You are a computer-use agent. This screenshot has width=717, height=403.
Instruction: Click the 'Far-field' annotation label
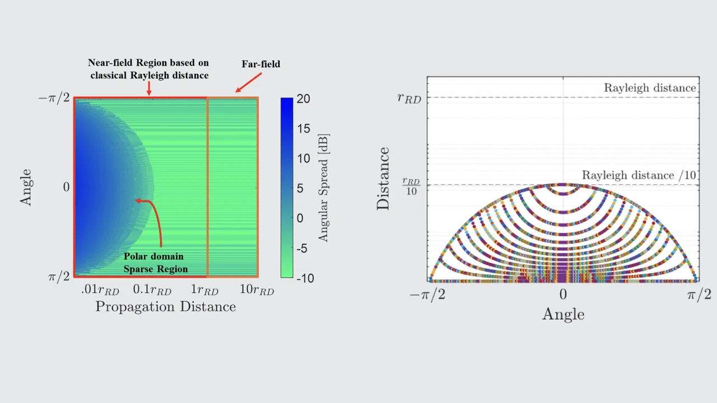(260, 64)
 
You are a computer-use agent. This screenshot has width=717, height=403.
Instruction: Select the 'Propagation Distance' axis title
(165, 307)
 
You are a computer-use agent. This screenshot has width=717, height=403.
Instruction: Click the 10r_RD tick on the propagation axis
(257, 290)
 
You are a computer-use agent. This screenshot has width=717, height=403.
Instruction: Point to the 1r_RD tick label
(204, 290)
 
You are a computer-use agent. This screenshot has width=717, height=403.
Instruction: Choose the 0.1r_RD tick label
(152, 290)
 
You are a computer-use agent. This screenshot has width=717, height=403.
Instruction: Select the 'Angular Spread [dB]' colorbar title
(323, 188)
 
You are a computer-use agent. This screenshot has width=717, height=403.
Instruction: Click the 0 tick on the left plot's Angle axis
(66, 187)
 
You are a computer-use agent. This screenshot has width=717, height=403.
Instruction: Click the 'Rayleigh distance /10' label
(639, 176)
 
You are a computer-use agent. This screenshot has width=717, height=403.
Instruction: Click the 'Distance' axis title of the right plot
(383, 179)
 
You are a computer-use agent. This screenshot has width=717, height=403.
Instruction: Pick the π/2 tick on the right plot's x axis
(699, 295)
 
